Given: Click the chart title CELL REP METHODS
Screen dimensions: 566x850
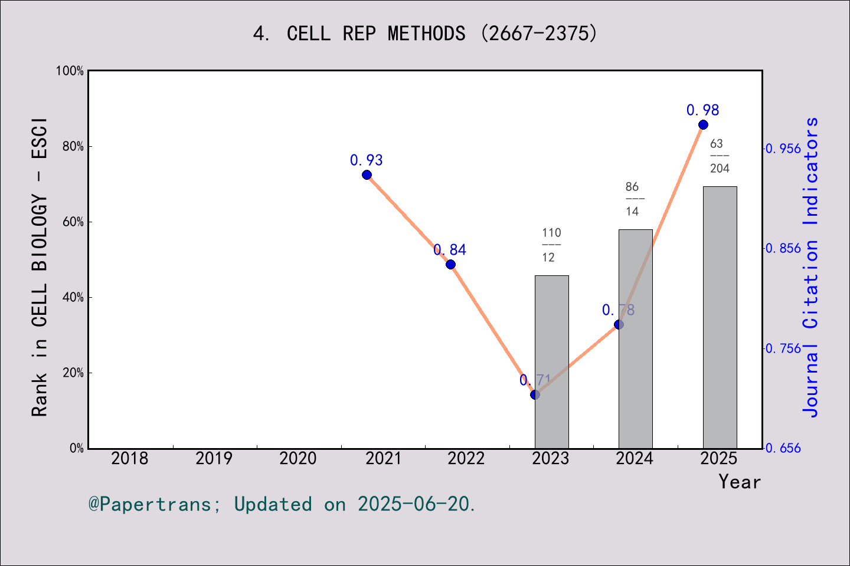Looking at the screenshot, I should coord(425,33).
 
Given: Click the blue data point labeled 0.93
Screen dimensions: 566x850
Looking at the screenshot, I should coord(367,175).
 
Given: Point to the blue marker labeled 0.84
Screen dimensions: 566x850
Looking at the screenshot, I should coord(450,264).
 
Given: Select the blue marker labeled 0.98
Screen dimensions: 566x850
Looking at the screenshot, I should coord(703,125).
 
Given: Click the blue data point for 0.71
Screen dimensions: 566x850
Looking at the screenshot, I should coord(535,394).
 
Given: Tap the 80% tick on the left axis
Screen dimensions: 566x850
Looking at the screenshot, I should coord(73,147).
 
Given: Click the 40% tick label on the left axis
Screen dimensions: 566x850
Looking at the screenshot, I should coord(73,298).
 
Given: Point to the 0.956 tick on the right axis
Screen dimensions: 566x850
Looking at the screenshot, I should coord(784,149).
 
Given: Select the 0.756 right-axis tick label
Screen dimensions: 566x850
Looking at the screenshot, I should coord(784,348).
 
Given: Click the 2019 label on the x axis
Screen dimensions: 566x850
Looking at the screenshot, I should coord(214,459).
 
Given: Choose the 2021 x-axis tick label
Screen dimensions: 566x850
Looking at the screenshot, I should coord(382,459).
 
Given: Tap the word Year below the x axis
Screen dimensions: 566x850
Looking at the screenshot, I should coord(740,482).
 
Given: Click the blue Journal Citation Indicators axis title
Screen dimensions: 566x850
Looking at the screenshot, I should coord(811,266).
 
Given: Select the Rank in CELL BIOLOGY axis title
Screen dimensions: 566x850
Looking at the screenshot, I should coord(40,266).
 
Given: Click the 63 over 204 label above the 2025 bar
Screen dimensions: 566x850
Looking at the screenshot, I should coord(720,156).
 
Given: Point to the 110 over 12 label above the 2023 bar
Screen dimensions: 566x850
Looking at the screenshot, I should coord(551,245).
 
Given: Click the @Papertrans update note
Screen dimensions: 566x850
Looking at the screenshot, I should coord(282,504).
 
